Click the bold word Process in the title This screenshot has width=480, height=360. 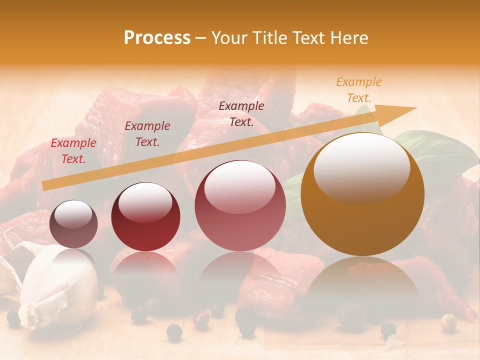coord(157,38)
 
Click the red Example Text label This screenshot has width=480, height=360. coord(73,151)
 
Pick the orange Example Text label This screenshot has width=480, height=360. coord(358,90)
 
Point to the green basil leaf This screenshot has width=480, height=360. coord(440,152)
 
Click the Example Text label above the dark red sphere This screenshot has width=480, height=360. coord(147,134)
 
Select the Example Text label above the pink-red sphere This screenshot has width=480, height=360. coord(241,114)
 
